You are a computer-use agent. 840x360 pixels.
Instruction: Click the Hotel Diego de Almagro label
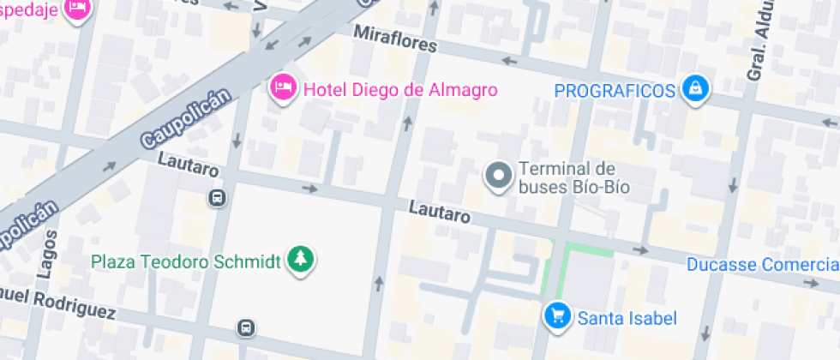pyautogui.click(x=400, y=89)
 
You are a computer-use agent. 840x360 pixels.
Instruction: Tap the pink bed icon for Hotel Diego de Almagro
pyautogui.click(x=282, y=87)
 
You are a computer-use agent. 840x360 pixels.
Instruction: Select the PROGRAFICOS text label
pyautogui.click(x=615, y=90)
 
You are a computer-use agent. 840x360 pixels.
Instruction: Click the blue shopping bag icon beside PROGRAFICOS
pyautogui.click(x=695, y=88)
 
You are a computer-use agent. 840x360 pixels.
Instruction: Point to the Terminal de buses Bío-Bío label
pyautogui.click(x=574, y=177)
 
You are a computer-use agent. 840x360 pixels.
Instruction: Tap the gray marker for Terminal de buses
pyautogui.click(x=498, y=177)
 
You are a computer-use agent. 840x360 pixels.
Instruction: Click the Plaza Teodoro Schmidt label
pyautogui.click(x=186, y=261)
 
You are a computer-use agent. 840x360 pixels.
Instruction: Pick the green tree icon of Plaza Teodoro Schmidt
pyautogui.click(x=300, y=258)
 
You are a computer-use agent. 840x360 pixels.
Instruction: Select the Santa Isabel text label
pyautogui.click(x=627, y=319)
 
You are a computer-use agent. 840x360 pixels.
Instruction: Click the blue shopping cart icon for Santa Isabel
pyautogui.click(x=557, y=317)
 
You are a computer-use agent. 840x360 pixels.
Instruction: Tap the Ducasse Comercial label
pyautogui.click(x=761, y=265)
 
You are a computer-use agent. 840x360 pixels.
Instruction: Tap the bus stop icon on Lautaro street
pyautogui.click(x=218, y=199)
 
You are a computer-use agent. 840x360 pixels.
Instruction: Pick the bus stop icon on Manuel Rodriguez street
pyautogui.click(x=246, y=327)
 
